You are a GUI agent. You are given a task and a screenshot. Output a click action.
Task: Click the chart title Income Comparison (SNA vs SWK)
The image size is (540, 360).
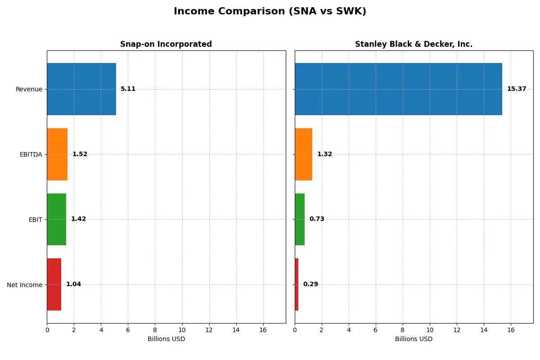point(270,12)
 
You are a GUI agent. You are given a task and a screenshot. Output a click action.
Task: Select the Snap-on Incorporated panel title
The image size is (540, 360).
point(166,45)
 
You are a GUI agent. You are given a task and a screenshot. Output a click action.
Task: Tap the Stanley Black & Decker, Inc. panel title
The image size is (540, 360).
point(414,45)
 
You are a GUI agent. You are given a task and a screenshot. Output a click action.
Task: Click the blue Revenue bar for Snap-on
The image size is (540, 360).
point(81,89)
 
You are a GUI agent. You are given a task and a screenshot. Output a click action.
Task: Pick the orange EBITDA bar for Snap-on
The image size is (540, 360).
point(57,154)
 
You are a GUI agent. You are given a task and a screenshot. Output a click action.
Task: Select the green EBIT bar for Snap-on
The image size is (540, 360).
point(57,219)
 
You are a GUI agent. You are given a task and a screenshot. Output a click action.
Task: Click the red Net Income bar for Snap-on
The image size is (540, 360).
point(54,284)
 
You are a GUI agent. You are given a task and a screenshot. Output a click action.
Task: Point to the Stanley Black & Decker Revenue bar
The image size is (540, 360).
point(398,89)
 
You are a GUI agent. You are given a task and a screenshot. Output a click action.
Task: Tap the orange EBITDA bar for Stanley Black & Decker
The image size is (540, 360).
point(303,154)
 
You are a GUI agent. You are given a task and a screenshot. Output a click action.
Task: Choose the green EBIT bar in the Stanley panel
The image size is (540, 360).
point(300,219)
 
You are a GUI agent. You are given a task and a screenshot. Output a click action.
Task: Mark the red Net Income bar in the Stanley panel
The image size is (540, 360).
point(297,284)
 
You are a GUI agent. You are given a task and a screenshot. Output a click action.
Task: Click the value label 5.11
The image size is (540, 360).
point(128,89)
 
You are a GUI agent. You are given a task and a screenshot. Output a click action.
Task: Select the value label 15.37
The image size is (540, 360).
point(517,89)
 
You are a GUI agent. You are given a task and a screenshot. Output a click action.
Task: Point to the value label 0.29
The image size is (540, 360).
point(310,284)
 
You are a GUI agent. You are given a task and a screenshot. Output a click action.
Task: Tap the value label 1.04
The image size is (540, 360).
point(73,284)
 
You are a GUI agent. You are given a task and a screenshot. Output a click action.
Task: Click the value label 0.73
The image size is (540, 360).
point(317,219)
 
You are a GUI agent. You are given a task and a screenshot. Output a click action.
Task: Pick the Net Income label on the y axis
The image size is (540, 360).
point(25,285)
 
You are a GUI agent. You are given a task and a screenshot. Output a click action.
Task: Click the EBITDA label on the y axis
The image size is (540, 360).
point(31,154)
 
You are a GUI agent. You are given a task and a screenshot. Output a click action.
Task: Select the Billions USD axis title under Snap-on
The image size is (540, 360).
point(166,339)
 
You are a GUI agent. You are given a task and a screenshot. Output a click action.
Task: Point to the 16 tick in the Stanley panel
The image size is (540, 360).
point(511,330)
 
